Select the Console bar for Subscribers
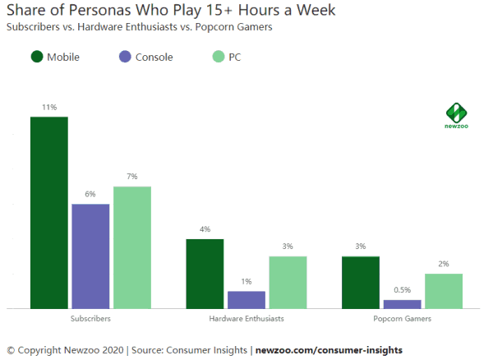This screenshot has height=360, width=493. point(90,256)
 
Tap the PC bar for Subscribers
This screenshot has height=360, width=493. point(132,247)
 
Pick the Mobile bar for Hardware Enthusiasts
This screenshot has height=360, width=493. point(205,274)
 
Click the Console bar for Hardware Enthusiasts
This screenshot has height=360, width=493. point(246,299)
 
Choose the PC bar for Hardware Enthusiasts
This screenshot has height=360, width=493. point(288,282)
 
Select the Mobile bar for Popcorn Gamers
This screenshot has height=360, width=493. point(361,282)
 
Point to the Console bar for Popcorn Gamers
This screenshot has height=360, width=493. point(402,304)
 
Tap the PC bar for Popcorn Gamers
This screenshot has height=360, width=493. point(444,291)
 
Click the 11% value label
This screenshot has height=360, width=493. point(49,108)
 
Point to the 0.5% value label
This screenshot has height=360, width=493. point(402,290)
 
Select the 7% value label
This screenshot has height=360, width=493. point(132,177)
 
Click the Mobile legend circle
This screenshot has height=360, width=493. point(37,57)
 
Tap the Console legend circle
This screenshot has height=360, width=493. point(125,57)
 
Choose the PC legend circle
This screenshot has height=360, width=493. point(218,57)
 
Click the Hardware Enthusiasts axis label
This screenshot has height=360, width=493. point(246,317)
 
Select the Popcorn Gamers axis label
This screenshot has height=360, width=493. point(402,317)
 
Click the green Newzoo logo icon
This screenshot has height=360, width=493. point(455,112)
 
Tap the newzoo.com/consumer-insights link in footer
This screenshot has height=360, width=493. point(329,350)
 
